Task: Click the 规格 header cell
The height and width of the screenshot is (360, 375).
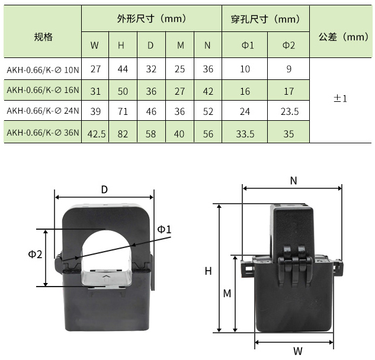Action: click(43, 37)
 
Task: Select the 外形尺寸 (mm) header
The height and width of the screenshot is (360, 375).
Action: click(152, 19)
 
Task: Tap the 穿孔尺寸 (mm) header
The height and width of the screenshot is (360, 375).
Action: click(265, 19)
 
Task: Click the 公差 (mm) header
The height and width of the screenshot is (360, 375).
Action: click(342, 37)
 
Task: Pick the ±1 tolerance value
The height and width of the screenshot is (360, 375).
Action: click(340, 99)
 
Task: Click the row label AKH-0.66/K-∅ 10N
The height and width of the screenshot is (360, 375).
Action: click(43, 70)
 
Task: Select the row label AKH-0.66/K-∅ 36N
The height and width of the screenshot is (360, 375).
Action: click(43, 133)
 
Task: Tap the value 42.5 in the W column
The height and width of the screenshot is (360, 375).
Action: click(96, 134)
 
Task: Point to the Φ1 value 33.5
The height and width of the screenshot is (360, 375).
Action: click(245, 134)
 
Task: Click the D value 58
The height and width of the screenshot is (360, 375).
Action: click(151, 134)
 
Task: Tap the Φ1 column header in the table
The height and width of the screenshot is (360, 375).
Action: click(245, 46)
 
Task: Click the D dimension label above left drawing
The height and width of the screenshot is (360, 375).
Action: click(104, 189)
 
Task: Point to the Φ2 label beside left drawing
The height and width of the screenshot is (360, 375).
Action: click(35, 254)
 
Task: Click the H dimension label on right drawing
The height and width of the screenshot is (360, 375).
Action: click(208, 271)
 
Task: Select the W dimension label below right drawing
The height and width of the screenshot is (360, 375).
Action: click(297, 350)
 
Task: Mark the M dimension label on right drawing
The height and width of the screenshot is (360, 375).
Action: click(226, 294)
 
